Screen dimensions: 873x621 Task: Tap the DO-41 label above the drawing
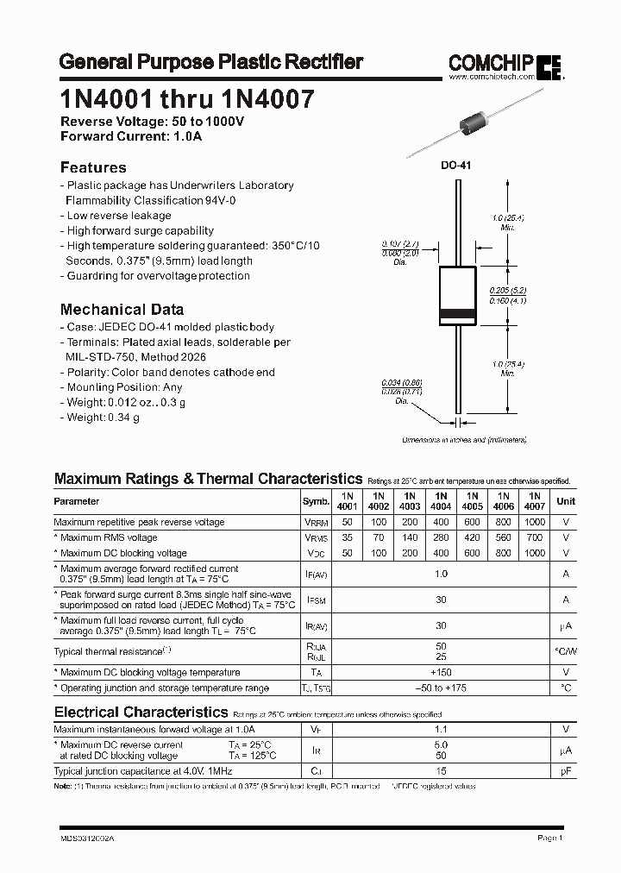456,166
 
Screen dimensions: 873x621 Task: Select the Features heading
93,167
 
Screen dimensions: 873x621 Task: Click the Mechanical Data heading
122,309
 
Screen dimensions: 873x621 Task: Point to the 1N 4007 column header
534,501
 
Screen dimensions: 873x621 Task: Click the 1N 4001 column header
348,501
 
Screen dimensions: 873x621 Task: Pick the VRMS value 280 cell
441,537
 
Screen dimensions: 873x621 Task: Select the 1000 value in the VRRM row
534,522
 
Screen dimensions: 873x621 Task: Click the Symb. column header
316,501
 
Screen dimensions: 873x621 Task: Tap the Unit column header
566,501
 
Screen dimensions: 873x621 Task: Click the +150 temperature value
441,672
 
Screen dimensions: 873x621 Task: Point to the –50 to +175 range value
441,688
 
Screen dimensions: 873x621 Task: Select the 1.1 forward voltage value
441,729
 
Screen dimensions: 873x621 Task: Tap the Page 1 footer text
549,838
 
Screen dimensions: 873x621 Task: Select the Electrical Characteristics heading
141,712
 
